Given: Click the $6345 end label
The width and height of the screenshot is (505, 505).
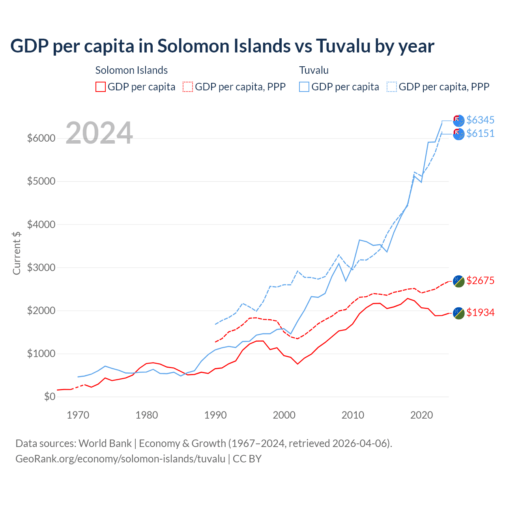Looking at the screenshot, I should pos(480,120).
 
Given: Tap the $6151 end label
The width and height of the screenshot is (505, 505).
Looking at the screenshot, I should pos(480,133).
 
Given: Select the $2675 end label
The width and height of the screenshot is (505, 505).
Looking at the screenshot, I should pos(480,281).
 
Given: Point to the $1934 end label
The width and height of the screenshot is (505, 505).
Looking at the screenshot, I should pos(480,312).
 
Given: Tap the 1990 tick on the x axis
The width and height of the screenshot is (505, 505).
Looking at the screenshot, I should pos(215,415).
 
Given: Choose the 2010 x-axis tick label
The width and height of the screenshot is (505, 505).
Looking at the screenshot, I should pos(353,415).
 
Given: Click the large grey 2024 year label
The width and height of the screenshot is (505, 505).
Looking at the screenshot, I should pos(99,133).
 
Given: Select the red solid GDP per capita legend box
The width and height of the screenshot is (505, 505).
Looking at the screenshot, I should pos(101,87).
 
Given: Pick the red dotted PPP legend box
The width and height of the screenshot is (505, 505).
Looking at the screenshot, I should pos(188,87).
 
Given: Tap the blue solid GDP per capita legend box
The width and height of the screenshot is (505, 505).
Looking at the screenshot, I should pos(304,87).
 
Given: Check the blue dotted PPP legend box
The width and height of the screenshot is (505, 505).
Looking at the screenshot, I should pos(392,87).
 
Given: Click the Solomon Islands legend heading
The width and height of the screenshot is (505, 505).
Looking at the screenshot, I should pos(131,70).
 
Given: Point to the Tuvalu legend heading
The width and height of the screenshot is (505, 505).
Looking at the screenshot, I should pos(314,70).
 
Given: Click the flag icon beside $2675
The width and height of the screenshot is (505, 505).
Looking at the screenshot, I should pos(458,281).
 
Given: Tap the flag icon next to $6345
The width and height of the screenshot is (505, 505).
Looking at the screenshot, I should pos(458,121).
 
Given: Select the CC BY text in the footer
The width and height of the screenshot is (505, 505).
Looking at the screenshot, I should pos(247,459).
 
